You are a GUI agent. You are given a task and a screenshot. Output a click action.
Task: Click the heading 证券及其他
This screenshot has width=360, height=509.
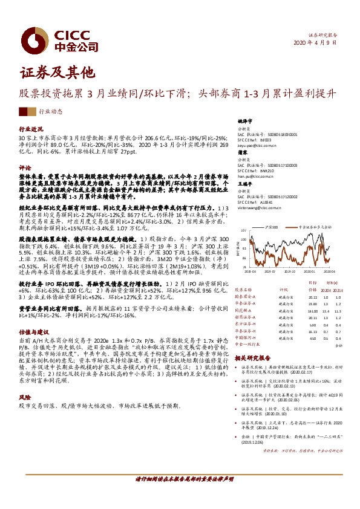(57, 73)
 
